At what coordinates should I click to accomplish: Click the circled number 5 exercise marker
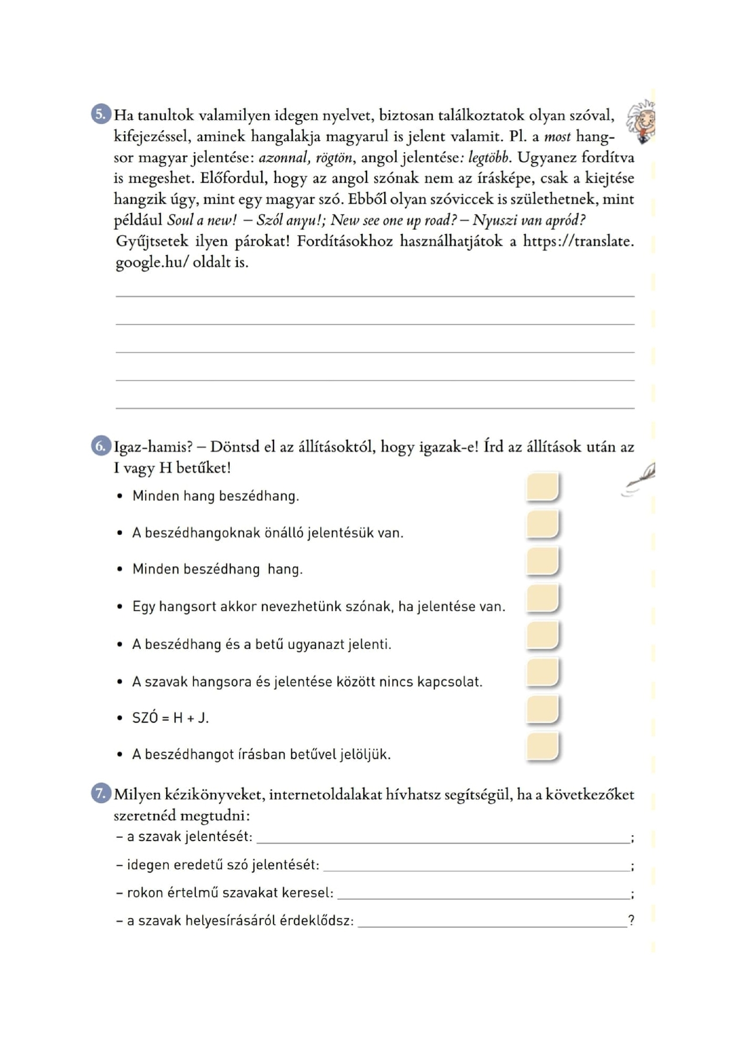(101, 113)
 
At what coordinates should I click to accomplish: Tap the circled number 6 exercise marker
(101, 446)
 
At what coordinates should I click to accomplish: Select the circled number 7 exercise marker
(101, 794)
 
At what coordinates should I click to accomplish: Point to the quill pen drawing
(639, 480)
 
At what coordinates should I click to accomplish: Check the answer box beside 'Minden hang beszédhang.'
(542, 487)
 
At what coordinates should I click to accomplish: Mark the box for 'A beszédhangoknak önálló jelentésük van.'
(542, 524)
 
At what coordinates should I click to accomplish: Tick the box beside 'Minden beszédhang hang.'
(542, 561)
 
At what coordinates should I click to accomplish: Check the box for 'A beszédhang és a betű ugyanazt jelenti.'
(542, 635)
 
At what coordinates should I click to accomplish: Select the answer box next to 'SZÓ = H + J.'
(542, 709)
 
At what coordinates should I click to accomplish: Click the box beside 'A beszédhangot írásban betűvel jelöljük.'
(542, 746)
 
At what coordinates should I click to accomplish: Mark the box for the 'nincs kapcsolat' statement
(542, 673)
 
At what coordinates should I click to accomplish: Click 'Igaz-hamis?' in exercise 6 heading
(153, 448)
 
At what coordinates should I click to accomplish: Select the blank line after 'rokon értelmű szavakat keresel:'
(483, 893)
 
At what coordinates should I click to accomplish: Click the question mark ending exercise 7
(631, 921)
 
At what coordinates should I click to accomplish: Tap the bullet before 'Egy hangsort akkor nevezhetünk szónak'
(120, 607)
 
